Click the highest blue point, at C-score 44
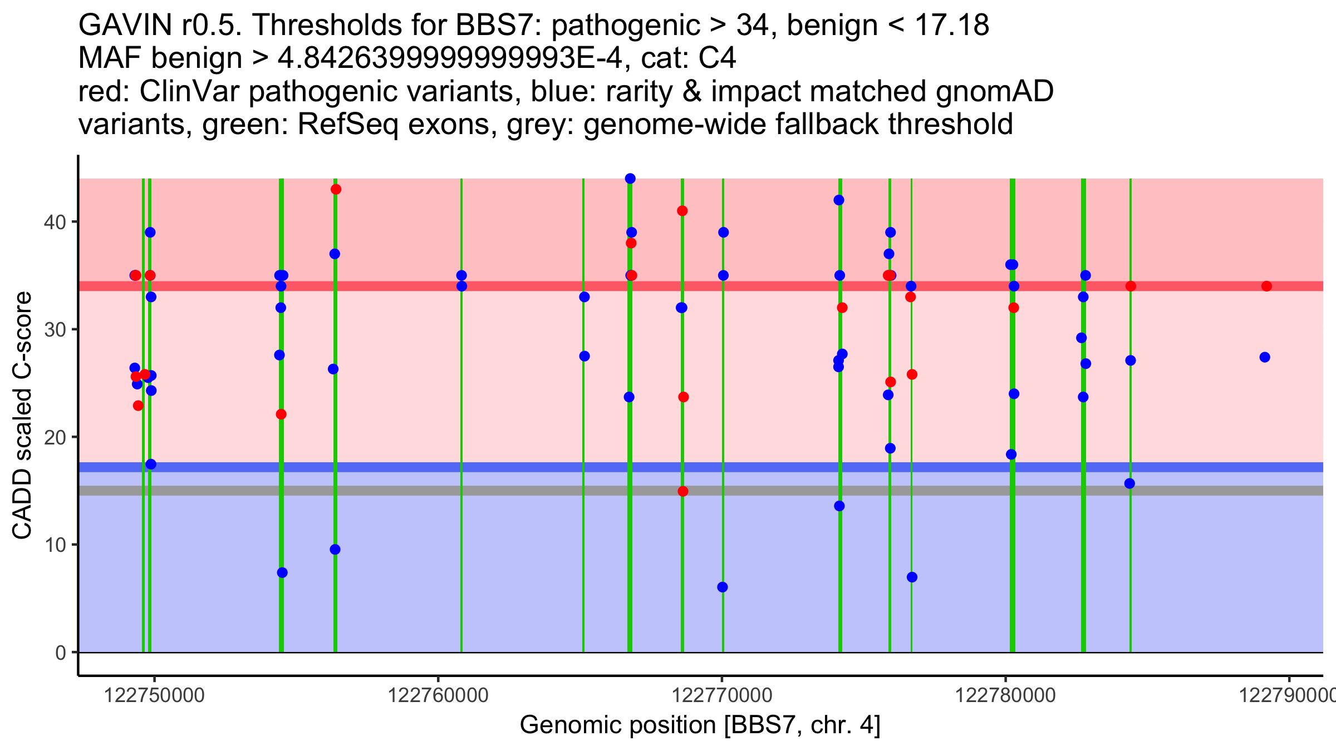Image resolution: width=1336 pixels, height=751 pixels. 630,179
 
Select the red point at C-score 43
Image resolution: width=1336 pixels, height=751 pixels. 336,189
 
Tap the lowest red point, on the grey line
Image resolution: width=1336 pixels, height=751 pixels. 683,491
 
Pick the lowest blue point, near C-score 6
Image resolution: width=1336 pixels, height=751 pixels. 723,587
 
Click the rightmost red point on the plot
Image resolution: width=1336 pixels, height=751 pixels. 1266,286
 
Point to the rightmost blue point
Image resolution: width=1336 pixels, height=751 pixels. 1265,357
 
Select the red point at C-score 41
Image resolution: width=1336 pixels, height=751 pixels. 682,211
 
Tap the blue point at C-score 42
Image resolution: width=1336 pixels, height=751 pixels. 839,200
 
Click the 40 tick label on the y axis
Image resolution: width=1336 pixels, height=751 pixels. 55,222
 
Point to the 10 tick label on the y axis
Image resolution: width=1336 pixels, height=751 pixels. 55,545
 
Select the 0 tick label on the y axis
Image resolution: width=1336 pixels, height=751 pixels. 60,652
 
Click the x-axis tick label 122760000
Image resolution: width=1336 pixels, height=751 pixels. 438,695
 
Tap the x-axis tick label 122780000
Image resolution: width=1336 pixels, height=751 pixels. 1005,695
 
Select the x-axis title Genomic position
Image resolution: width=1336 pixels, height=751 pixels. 700,725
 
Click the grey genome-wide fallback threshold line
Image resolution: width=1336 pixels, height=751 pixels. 557,491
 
